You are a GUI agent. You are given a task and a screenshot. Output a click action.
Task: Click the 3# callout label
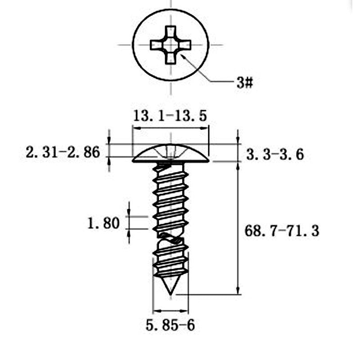point(245,83)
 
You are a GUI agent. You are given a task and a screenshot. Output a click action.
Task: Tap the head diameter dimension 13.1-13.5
point(170,116)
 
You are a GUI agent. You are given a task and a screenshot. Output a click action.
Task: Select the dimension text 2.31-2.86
point(63,152)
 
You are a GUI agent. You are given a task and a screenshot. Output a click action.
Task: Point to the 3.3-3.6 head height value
point(275,154)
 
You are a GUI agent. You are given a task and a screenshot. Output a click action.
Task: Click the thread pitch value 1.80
point(103,223)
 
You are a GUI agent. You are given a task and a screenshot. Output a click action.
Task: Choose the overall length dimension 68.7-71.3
point(282,231)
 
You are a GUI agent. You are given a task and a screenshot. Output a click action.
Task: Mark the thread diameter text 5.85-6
point(170,325)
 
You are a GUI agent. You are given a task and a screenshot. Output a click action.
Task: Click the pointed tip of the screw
point(171,294)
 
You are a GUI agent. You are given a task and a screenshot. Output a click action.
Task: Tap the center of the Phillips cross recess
point(171,45)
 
